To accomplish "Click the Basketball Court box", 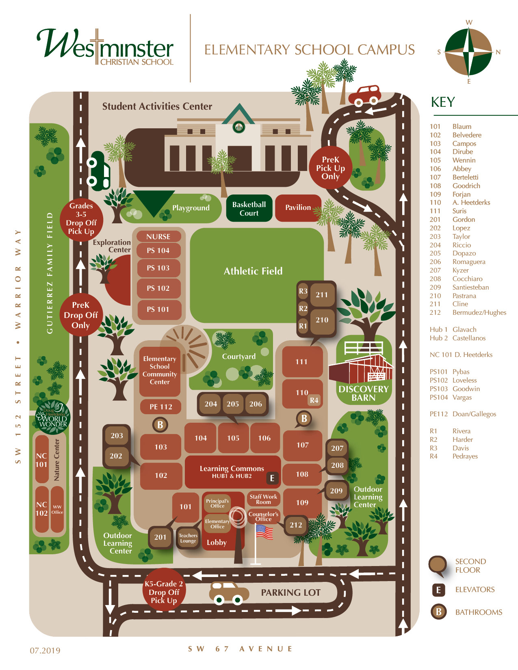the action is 249,208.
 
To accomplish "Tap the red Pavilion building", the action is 298,207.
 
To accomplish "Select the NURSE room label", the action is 158,236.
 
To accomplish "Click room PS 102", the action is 158,288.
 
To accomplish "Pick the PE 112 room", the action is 160,406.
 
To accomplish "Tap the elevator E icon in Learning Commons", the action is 272,478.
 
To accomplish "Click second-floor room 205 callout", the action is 233,404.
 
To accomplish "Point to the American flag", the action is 264,532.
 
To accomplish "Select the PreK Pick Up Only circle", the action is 330,168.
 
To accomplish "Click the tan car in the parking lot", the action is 229,593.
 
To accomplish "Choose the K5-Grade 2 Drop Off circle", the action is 164,592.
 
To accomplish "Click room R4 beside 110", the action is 314,400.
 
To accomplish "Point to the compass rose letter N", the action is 498,52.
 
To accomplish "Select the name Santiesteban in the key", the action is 470,287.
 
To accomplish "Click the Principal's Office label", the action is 217,504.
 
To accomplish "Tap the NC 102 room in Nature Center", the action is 41,508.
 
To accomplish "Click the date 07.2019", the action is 45,650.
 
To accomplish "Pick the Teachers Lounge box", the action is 188,538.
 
